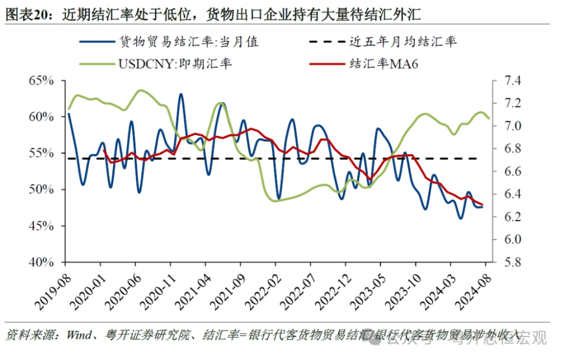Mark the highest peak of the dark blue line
click(181, 94)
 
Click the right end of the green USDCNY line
click(488, 118)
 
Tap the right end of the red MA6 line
click(483, 204)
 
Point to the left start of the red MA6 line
click(104, 150)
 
